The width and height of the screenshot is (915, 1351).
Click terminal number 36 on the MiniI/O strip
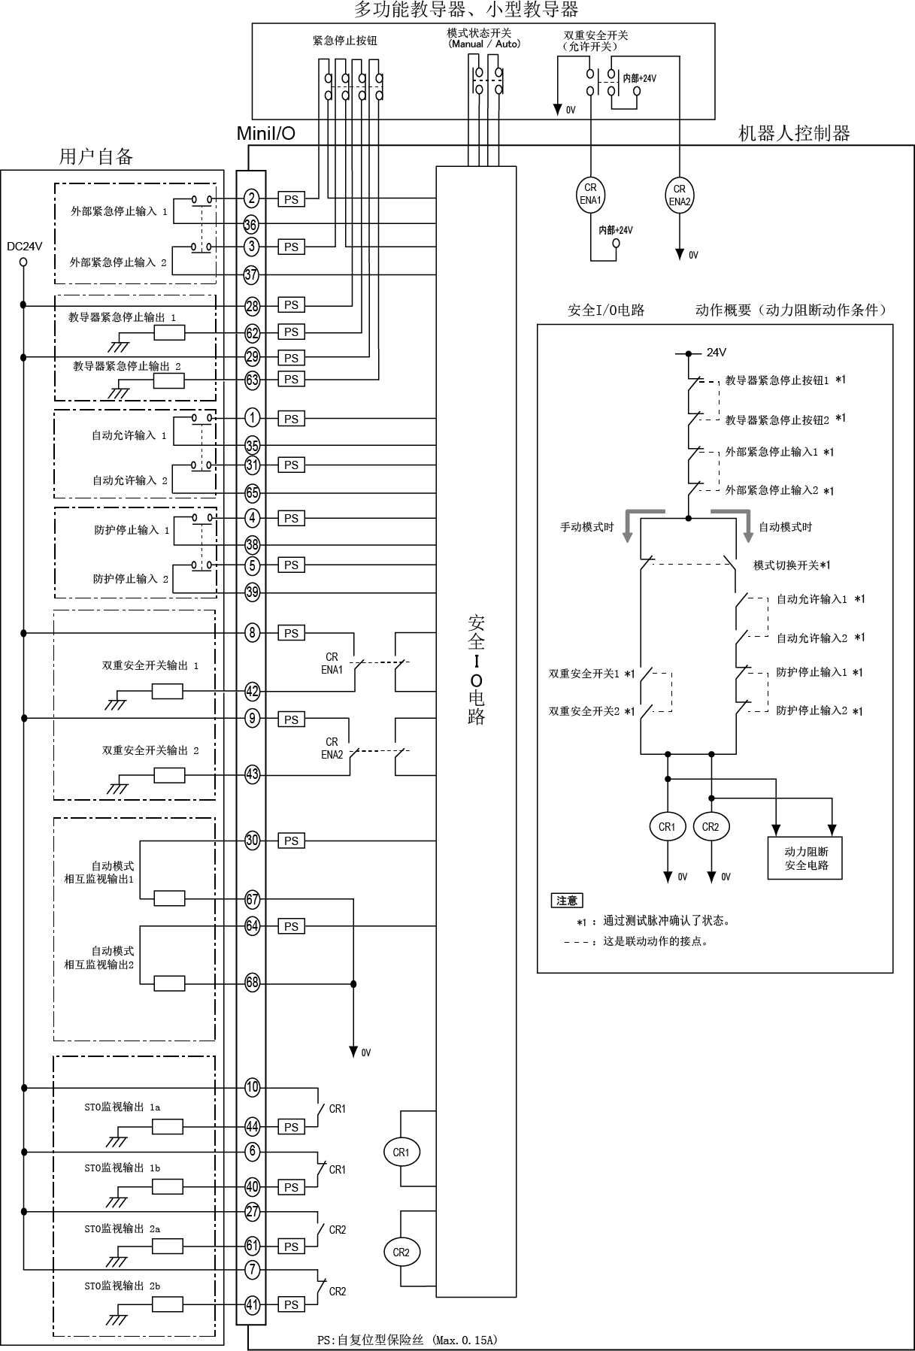coord(252,224)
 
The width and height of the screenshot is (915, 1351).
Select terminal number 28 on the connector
coord(252,306)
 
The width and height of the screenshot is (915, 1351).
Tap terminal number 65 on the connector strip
coord(252,493)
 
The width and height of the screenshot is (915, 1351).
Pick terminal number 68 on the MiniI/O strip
coord(252,983)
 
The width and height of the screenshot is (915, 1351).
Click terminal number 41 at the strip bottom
coord(252,1305)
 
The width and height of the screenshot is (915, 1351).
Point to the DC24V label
coord(24,246)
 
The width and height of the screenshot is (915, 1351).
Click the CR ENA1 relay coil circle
coord(590,194)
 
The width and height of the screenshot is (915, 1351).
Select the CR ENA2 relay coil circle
coord(680,195)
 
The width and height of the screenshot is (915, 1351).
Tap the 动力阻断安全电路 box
coord(805,858)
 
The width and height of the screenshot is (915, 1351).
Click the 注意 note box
coord(567,901)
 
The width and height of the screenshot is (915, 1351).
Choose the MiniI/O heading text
coord(266,134)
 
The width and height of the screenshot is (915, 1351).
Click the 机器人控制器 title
coord(794,134)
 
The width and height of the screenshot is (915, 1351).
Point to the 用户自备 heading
coord(96,156)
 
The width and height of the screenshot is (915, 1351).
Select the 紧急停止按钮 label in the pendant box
coord(345,41)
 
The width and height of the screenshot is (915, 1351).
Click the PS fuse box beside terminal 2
coord(291,199)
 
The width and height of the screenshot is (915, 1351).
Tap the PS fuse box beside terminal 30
coord(291,841)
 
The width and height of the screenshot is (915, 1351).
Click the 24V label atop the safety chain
coord(717,352)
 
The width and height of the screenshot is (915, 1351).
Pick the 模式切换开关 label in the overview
coord(792,565)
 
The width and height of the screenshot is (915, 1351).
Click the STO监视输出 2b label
coord(122,1286)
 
